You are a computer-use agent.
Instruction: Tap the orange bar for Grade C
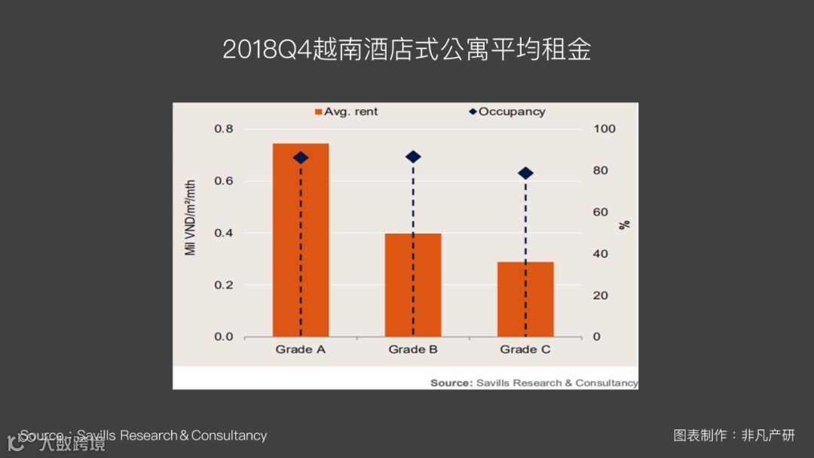pyautogui.click(x=525, y=299)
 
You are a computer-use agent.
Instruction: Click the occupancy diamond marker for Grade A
pyautogui.click(x=301, y=157)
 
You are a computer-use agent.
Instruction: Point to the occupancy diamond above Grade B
pyautogui.click(x=413, y=157)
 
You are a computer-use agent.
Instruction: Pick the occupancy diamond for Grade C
pyautogui.click(x=526, y=173)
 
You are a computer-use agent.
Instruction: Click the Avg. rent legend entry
pyautogui.click(x=347, y=111)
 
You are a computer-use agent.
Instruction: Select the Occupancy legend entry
pyautogui.click(x=506, y=111)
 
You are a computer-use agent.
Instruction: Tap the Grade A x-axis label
pyautogui.click(x=300, y=350)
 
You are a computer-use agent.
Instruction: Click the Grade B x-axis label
pyautogui.click(x=413, y=350)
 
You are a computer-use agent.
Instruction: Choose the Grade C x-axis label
pyautogui.click(x=525, y=350)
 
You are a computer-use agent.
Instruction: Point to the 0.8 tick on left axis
pyautogui.click(x=224, y=129)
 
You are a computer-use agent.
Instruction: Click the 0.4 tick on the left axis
pyautogui.click(x=224, y=233)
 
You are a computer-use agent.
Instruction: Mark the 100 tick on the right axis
pyautogui.click(x=604, y=129)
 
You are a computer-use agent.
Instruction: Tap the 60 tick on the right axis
pyautogui.click(x=600, y=212)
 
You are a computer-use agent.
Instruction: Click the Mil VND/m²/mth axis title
pyautogui.click(x=191, y=218)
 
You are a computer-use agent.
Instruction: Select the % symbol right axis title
pyautogui.click(x=624, y=224)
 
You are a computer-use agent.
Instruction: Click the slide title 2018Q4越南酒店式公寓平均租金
pyautogui.click(x=406, y=50)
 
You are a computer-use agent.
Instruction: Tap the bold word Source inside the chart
pyautogui.click(x=451, y=383)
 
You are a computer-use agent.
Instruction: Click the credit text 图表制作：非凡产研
pyautogui.click(x=734, y=435)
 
